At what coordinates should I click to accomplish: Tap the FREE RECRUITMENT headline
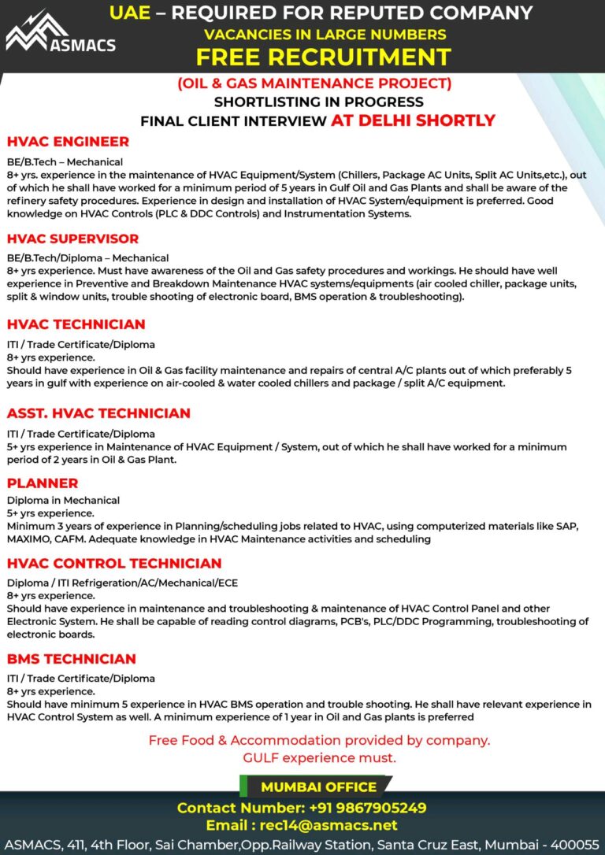pyautogui.click(x=323, y=57)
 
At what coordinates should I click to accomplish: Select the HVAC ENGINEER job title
pyautogui.click(x=68, y=142)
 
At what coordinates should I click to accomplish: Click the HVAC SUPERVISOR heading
pyautogui.click(x=72, y=239)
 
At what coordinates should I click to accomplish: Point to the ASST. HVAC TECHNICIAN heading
pyautogui.click(x=98, y=413)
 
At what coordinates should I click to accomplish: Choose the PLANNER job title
pyautogui.click(x=43, y=483)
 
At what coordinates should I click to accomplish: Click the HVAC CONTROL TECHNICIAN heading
pyautogui.click(x=114, y=563)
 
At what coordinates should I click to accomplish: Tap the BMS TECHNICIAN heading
pyautogui.click(x=72, y=659)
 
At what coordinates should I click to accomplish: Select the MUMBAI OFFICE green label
pyautogui.click(x=318, y=787)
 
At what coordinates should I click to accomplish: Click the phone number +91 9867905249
pyautogui.click(x=359, y=808)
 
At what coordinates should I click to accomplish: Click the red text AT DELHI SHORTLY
pyautogui.click(x=413, y=120)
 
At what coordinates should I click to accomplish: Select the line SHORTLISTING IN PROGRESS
pyautogui.click(x=318, y=102)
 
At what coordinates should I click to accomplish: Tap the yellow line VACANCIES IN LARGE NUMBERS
pyautogui.click(x=325, y=34)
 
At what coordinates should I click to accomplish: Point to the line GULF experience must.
pyautogui.click(x=319, y=757)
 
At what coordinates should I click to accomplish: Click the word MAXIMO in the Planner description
pyautogui.click(x=30, y=539)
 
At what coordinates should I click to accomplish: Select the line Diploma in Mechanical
pyautogui.click(x=63, y=500)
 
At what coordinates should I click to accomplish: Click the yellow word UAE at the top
pyautogui.click(x=129, y=13)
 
